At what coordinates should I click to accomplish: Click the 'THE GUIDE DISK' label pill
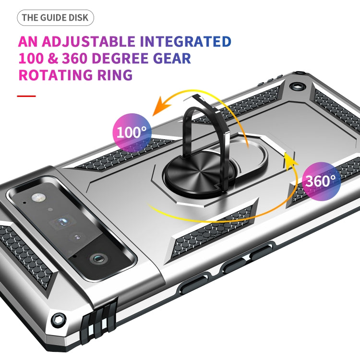[55, 18]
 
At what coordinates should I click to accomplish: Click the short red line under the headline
[26, 96]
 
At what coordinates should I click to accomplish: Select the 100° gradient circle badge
[132, 132]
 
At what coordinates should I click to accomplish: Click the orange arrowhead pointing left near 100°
[156, 109]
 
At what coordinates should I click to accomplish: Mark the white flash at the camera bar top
[36, 197]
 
